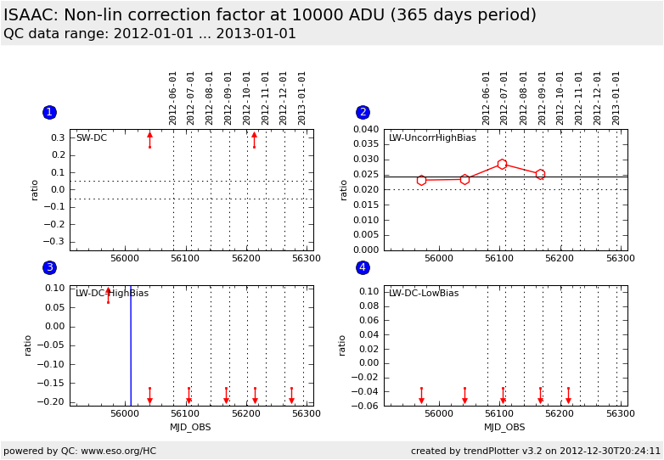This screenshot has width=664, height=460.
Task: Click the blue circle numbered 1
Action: (x=49, y=112)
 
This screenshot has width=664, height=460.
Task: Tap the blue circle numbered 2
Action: (x=363, y=112)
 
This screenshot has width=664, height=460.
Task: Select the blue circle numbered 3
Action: (x=49, y=267)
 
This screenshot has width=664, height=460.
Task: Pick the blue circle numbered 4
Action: (x=363, y=267)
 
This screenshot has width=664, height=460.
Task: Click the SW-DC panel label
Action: (x=92, y=138)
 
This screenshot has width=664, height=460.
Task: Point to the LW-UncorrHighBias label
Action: (x=432, y=138)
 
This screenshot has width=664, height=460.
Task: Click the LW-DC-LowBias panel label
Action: (x=424, y=294)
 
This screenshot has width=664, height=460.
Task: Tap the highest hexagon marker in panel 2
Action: (x=502, y=164)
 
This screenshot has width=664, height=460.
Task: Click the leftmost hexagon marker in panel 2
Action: (x=421, y=180)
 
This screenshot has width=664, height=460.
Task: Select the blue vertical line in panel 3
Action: (x=131, y=348)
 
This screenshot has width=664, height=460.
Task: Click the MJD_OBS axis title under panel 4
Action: (x=504, y=428)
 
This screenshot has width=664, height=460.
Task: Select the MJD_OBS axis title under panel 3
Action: (x=190, y=428)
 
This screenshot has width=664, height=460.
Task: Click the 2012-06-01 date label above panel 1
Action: (x=173, y=98)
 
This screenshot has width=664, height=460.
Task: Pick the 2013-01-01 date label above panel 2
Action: (x=616, y=98)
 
